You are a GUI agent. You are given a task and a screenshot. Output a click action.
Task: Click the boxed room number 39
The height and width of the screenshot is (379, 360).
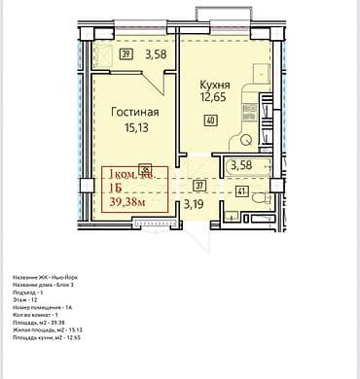pyautogui.click(x=126, y=55)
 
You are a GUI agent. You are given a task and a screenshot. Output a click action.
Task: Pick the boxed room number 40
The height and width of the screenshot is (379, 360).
pyautogui.click(x=210, y=121)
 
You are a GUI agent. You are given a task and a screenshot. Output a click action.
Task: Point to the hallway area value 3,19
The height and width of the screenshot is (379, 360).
pyautogui.click(x=196, y=204)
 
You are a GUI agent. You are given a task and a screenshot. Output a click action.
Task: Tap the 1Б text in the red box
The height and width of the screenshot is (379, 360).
pyautogui.click(x=118, y=189)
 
